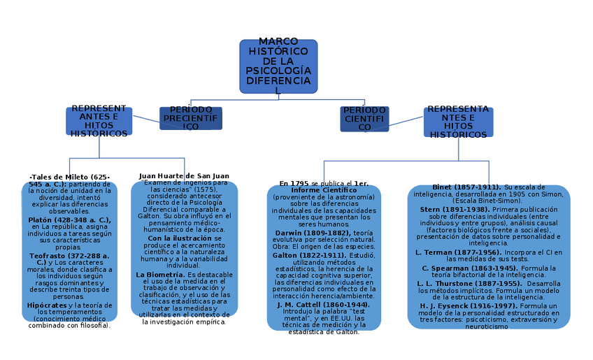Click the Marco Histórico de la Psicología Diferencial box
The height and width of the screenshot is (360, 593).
[278, 66]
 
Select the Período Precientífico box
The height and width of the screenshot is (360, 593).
[191, 119]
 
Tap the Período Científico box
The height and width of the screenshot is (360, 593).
[364, 119]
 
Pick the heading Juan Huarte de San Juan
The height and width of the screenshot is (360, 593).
[184, 176]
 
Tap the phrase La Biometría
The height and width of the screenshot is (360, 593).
[160, 275]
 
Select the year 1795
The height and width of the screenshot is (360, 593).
[299, 183]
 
